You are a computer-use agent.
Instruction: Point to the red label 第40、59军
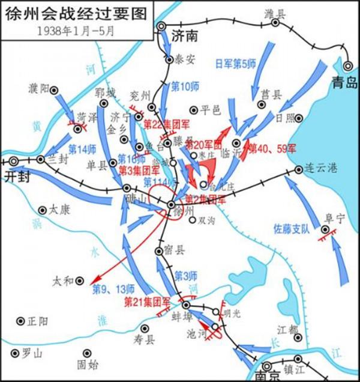coord(272,148)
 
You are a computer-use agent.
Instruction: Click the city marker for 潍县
coord(275,23)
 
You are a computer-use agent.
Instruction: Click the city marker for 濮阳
coord(54,89)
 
